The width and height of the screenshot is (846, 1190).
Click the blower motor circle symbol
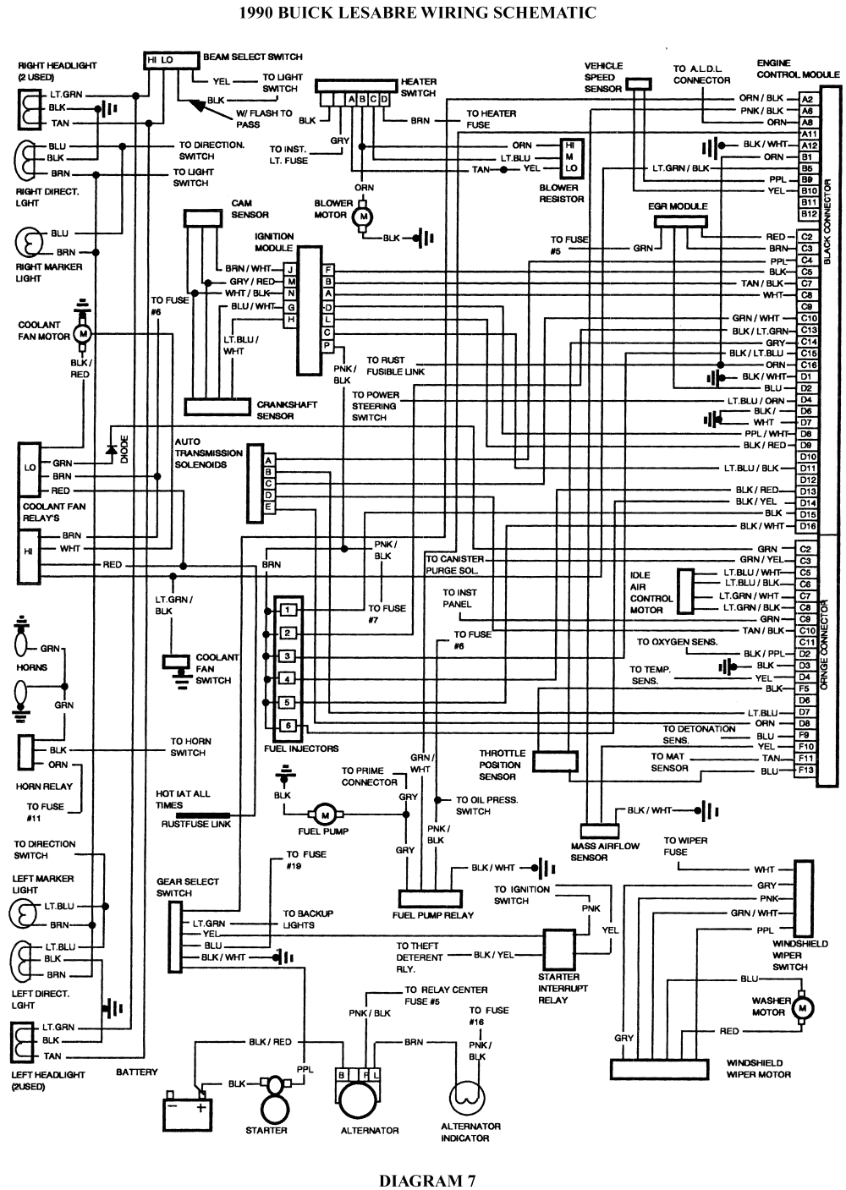pyautogui.click(x=365, y=216)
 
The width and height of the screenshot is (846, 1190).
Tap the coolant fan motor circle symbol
pyautogui.click(x=83, y=333)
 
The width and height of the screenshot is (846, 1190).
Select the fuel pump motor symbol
pyautogui.click(x=325, y=814)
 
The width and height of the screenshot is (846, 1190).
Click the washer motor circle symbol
pyautogui.click(x=805, y=1007)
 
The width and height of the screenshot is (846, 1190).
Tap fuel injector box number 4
pyautogui.click(x=288, y=679)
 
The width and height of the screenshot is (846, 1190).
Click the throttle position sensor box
pyautogui.click(x=555, y=760)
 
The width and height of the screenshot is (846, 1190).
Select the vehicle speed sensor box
pyautogui.click(x=639, y=84)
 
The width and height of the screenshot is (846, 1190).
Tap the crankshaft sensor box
pyautogui.click(x=218, y=406)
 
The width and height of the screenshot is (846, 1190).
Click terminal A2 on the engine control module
pyautogui.click(x=807, y=98)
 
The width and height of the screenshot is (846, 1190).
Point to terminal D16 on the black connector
pyautogui.click(x=807, y=526)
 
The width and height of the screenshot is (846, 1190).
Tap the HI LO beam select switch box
pyautogui.click(x=161, y=60)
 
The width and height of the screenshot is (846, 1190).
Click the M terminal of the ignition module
pyautogui.click(x=291, y=281)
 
